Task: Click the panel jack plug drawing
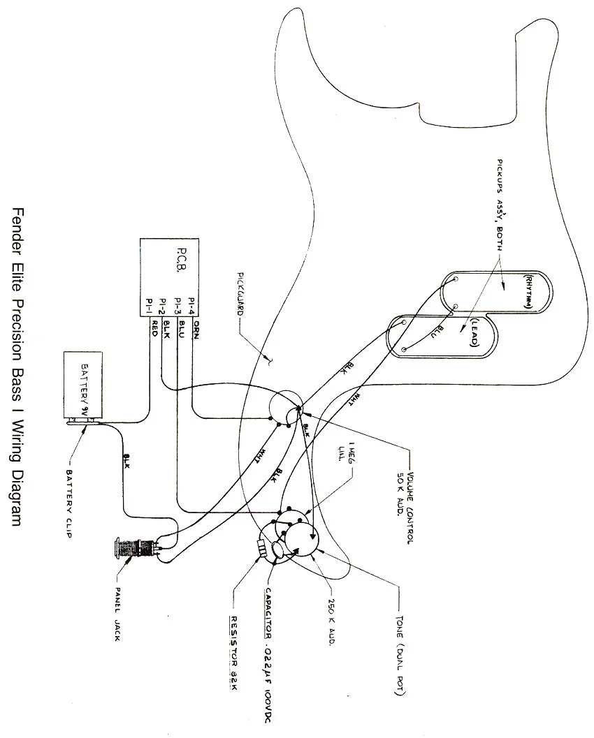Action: [x=133, y=547]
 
